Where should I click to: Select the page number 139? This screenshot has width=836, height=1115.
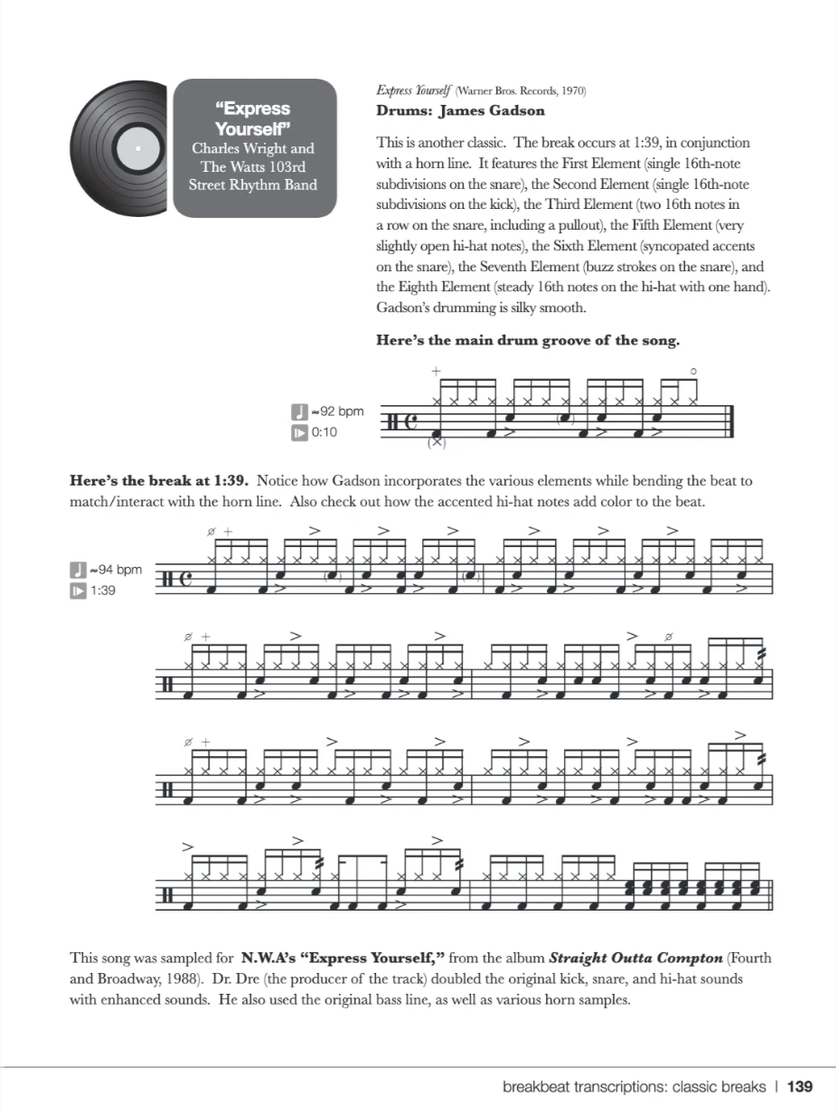800,1086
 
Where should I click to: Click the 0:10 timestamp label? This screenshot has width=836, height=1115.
324,432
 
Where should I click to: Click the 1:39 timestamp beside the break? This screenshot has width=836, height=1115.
103,591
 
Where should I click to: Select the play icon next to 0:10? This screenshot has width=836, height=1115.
299,432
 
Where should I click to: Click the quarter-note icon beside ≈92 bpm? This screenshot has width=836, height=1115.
299,411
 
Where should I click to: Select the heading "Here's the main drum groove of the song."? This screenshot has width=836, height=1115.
527,341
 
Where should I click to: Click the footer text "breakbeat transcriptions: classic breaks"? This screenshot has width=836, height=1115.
634,1086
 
